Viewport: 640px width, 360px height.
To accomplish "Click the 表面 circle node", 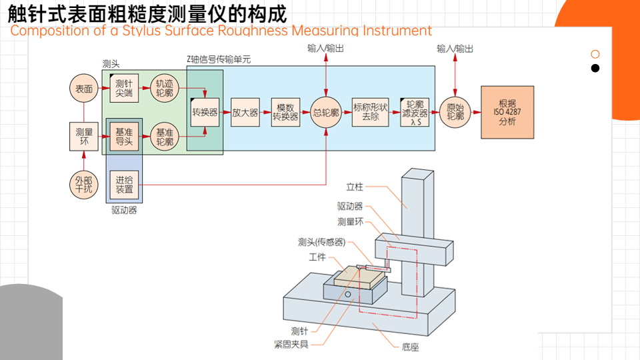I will point(84,89).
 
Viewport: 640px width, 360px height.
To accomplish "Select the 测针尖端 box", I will point(124,89).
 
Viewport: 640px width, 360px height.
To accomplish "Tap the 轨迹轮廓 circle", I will point(164,89).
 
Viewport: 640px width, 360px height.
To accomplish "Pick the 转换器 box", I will point(205,112).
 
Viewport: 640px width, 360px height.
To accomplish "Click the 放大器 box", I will point(245,112).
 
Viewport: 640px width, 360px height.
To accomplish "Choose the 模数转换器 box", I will point(285,112).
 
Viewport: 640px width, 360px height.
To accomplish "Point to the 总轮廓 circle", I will point(326,112).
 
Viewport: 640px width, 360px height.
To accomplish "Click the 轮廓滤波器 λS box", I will point(415,112).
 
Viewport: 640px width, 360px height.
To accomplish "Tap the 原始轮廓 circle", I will point(455,112).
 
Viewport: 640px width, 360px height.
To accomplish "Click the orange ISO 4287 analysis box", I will point(507,112).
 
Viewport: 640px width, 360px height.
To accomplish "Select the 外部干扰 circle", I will point(84,184).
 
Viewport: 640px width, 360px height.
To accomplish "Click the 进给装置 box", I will point(124,184).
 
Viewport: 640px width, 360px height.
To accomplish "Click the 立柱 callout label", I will point(355,186).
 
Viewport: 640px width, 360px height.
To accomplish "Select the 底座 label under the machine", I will point(411,347).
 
